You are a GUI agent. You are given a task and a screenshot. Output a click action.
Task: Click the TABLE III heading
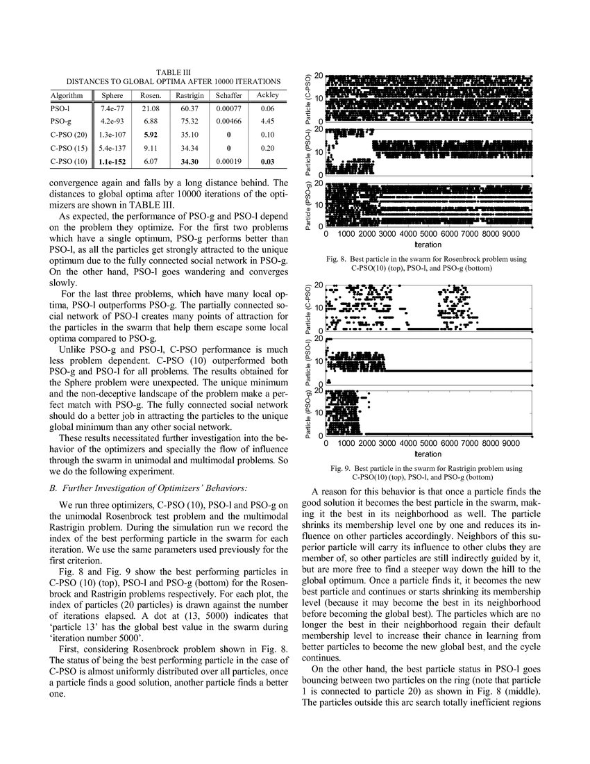(169, 72)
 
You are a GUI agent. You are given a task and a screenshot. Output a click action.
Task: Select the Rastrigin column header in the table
(189, 95)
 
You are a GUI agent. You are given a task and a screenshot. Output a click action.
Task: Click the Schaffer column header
(228, 95)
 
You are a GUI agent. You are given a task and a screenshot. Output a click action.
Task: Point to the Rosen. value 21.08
(151, 109)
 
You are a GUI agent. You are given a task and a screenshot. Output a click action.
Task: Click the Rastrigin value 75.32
(189, 122)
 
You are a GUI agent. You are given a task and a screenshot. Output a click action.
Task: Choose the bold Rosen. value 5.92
(151, 135)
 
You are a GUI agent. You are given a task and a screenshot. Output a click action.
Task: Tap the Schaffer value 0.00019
(228, 162)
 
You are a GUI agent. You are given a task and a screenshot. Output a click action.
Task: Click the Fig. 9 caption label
(345, 469)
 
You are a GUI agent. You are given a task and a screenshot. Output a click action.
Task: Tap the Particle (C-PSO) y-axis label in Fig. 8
(310, 98)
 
